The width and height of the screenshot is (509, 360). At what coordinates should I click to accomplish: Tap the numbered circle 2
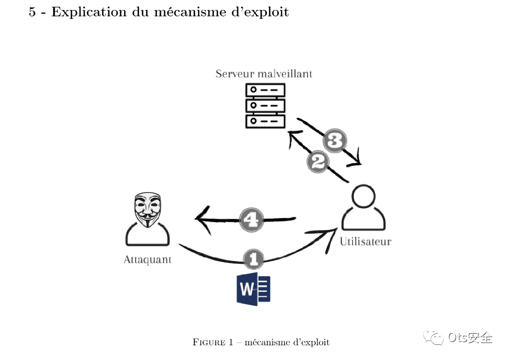(x=317, y=162)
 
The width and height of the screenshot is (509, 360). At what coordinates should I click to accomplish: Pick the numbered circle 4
(x=252, y=219)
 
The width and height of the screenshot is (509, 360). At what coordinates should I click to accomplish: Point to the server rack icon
(x=265, y=105)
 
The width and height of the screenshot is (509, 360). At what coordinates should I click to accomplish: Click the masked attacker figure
(x=147, y=219)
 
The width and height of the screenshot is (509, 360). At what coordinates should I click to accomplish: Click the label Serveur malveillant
(x=264, y=74)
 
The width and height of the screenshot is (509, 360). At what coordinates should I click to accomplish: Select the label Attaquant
(x=147, y=260)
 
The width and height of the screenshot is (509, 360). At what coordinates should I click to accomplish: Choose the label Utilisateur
(x=365, y=242)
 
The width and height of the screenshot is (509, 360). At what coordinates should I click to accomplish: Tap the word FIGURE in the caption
(x=209, y=342)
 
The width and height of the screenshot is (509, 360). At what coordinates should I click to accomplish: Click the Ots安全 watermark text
(x=470, y=337)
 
